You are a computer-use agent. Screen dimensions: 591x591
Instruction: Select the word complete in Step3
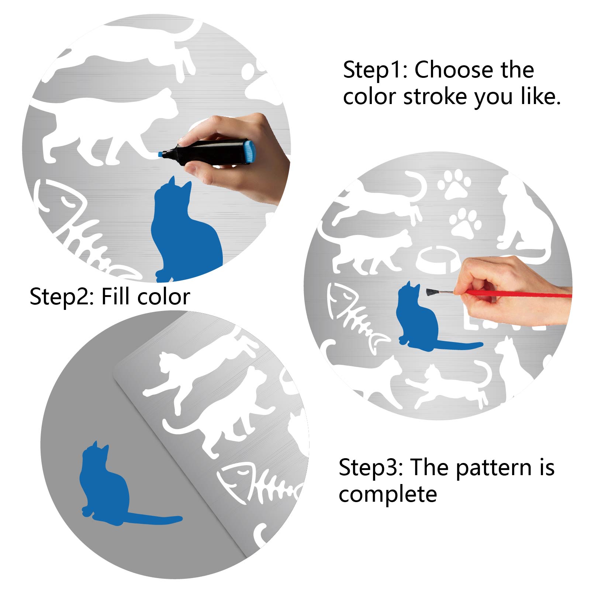click(x=388, y=494)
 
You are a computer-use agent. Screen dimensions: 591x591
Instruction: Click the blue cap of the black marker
click(x=250, y=152)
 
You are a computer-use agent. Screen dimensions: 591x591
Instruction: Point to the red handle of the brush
click(x=516, y=294)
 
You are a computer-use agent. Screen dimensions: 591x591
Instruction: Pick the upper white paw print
click(x=454, y=183)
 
